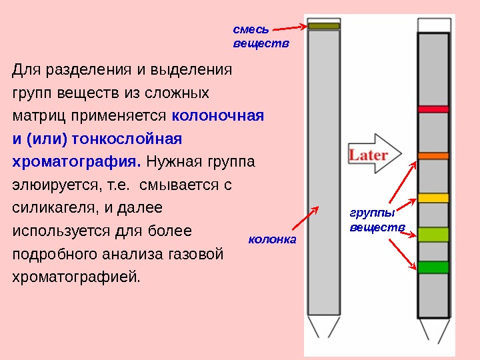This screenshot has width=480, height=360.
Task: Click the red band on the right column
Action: [433, 108]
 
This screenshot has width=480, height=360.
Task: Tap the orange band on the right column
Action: [433, 155]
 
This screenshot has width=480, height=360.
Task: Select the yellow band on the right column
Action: [433, 198]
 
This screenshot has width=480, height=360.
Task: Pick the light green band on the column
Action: [433, 234]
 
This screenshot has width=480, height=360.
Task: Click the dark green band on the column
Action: [433, 267]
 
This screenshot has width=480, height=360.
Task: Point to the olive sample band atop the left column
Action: [324, 26]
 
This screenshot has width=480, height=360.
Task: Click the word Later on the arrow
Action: [369, 155]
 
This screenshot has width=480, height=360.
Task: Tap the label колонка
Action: [271, 239]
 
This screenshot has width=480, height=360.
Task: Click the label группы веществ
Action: [377, 220]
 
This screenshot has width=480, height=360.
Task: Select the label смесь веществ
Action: [252, 37]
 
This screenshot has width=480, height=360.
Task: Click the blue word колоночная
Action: [218, 115]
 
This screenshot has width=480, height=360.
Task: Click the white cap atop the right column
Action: [433, 25]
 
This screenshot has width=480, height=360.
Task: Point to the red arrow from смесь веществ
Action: [290, 28]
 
